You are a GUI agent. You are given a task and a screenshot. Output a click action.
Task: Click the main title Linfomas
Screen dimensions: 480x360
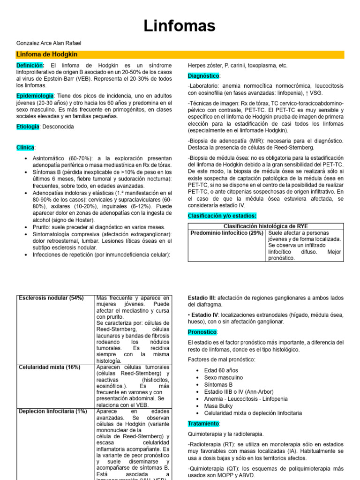(180, 25)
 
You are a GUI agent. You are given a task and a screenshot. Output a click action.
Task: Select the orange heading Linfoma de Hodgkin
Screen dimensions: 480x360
(47, 55)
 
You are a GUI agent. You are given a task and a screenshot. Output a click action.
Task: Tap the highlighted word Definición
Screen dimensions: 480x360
(30, 66)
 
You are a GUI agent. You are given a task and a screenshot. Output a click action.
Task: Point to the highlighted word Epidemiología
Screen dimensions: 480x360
(35, 96)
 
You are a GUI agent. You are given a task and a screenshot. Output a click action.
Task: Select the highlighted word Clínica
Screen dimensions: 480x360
(25, 147)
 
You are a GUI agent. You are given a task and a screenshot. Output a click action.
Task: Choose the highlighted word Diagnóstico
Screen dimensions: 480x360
(203, 75)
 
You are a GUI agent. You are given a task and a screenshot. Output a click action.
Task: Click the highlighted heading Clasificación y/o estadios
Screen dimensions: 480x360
(222, 216)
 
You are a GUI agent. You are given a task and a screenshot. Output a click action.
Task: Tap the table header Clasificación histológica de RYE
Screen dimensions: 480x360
(266, 226)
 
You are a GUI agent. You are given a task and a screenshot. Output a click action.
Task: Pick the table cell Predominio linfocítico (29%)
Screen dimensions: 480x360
(226, 233)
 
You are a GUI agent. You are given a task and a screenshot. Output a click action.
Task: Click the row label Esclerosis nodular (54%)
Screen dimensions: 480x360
(51, 298)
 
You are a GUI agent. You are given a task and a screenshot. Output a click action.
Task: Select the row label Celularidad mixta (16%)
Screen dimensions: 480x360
(49, 367)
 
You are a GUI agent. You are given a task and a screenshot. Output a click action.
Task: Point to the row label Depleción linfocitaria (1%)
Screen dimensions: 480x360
(52, 411)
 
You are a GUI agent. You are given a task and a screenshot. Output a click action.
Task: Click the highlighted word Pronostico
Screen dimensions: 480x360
(202, 332)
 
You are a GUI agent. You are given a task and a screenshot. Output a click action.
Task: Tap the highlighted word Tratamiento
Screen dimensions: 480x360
(203, 423)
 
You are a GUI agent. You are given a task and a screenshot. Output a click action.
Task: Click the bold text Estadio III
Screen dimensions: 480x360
(202, 298)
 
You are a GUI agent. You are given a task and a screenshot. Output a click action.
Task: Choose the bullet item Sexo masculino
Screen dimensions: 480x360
(224, 377)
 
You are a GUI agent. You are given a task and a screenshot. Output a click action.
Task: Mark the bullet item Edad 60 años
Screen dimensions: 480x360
(221, 370)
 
